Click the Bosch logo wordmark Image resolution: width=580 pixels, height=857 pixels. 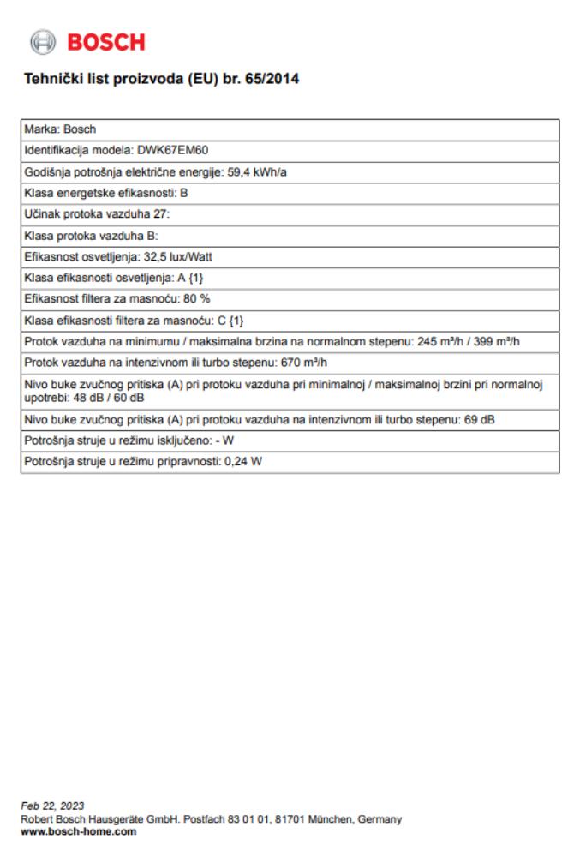[106, 41]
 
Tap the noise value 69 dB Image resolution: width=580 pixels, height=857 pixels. [482, 419]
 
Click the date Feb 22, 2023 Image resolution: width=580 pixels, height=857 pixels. [52, 806]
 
